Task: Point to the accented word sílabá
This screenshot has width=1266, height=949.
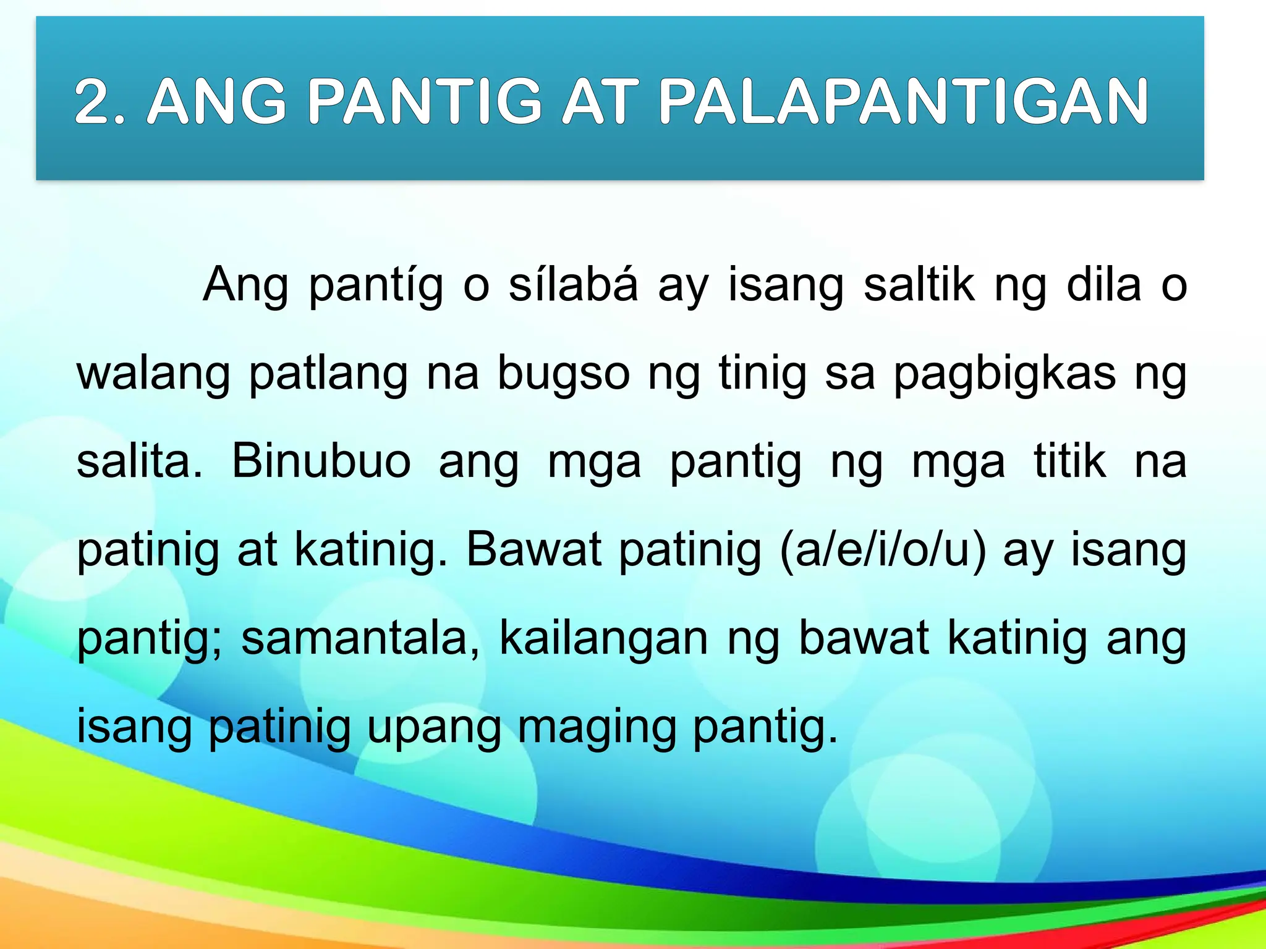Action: click(573, 285)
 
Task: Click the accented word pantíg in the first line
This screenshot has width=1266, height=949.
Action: click(376, 286)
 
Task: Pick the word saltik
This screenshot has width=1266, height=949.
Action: click(919, 285)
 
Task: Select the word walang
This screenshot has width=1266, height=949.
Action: click(153, 374)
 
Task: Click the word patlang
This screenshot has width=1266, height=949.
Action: click(328, 374)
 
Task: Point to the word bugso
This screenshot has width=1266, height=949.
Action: click(564, 374)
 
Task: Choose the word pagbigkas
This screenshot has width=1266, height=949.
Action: click(1005, 374)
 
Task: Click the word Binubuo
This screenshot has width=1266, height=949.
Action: click(321, 462)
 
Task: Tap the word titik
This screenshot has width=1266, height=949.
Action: click(1069, 462)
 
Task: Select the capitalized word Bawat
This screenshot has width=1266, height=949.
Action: click(533, 550)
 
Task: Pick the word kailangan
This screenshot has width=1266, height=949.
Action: click(603, 639)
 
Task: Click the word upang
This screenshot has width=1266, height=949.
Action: click(434, 728)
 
